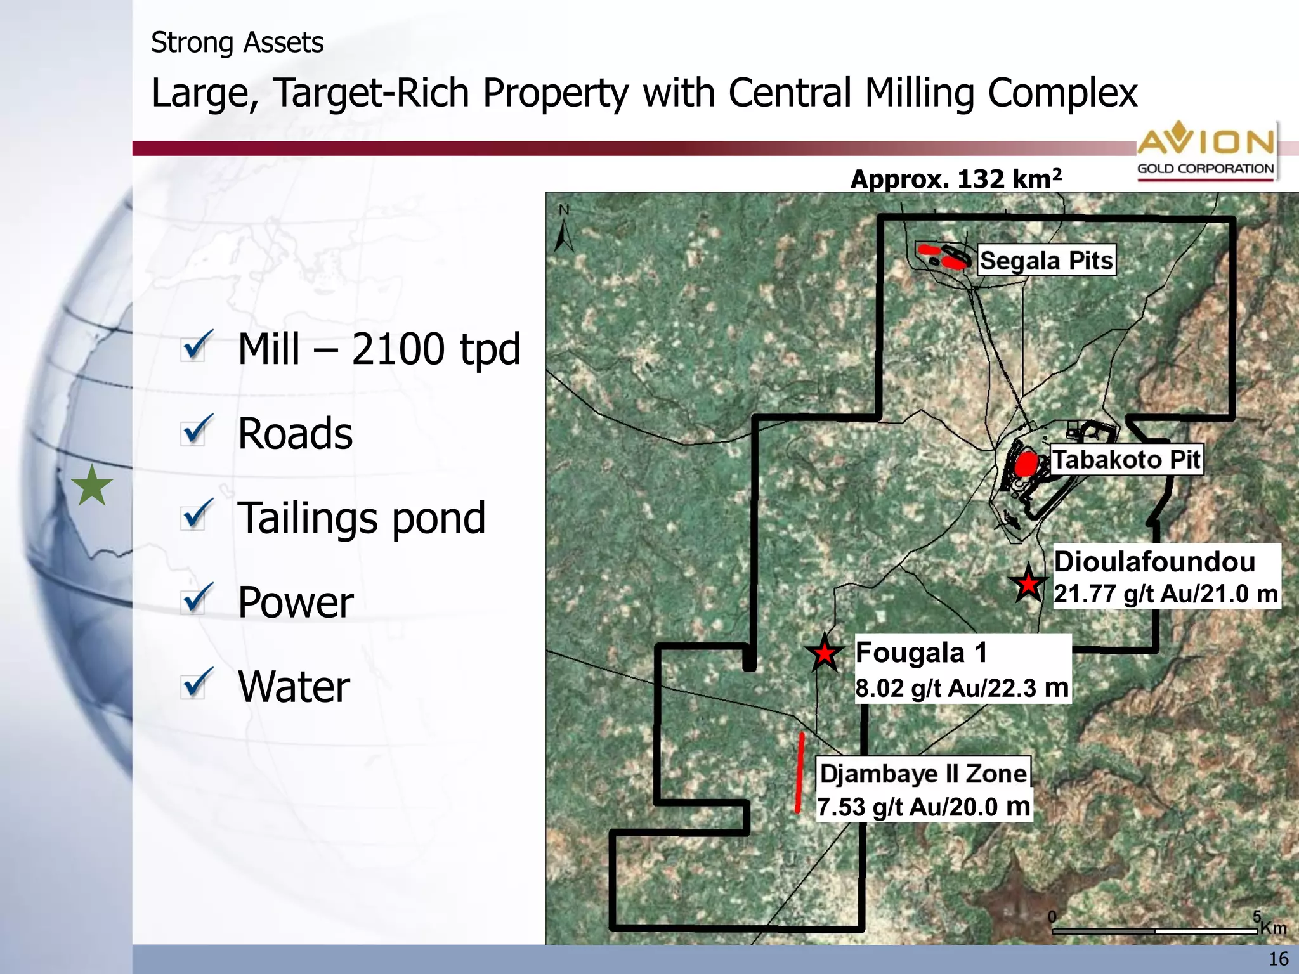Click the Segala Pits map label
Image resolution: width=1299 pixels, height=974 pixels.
[1046, 261]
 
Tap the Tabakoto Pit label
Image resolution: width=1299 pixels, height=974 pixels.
[1126, 460]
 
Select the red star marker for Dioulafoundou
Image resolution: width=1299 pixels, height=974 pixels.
[1028, 584]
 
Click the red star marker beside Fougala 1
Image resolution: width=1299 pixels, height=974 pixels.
[824, 653]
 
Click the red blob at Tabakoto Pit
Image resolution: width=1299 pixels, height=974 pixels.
[1026, 464]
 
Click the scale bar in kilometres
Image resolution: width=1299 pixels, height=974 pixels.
[1154, 930]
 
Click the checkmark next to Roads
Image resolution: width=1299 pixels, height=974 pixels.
[197, 431]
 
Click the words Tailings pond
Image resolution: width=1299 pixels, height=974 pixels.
[362, 518]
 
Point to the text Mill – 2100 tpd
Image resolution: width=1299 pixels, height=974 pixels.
[379, 349]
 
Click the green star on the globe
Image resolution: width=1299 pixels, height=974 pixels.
[92, 486]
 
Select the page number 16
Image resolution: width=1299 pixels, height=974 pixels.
[1279, 959]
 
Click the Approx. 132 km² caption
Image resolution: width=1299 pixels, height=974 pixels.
[956, 179]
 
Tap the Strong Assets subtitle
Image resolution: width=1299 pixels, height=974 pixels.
[237, 43]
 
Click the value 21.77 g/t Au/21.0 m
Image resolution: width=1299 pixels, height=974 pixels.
[1166, 594]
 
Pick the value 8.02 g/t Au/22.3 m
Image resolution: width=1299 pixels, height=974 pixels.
[962, 688]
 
